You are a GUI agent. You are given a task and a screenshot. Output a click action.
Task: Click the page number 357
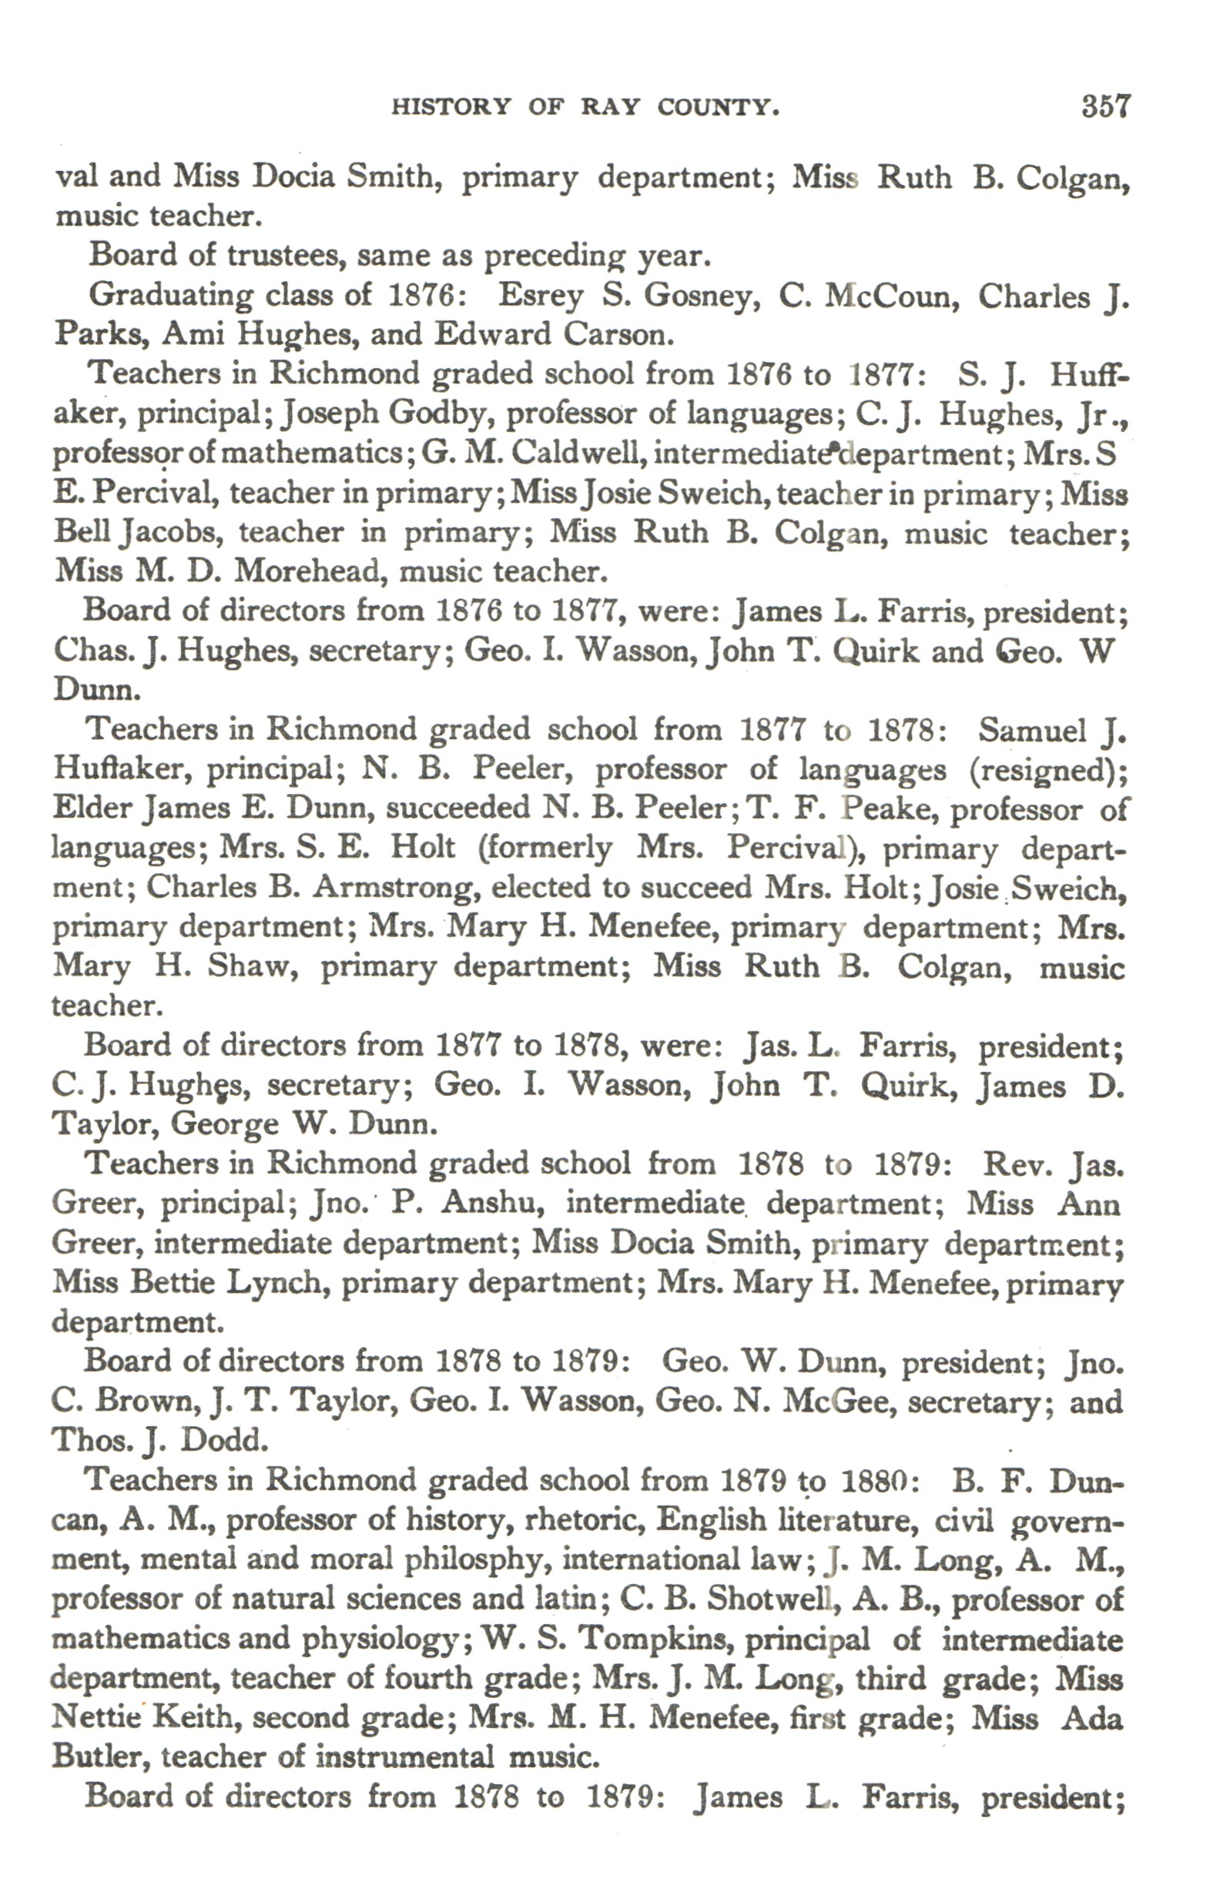point(1106,106)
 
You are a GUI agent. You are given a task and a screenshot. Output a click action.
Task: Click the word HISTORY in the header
point(451,107)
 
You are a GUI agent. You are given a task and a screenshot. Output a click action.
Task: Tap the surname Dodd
point(224,1440)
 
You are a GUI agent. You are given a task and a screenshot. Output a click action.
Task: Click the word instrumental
point(405,1756)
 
